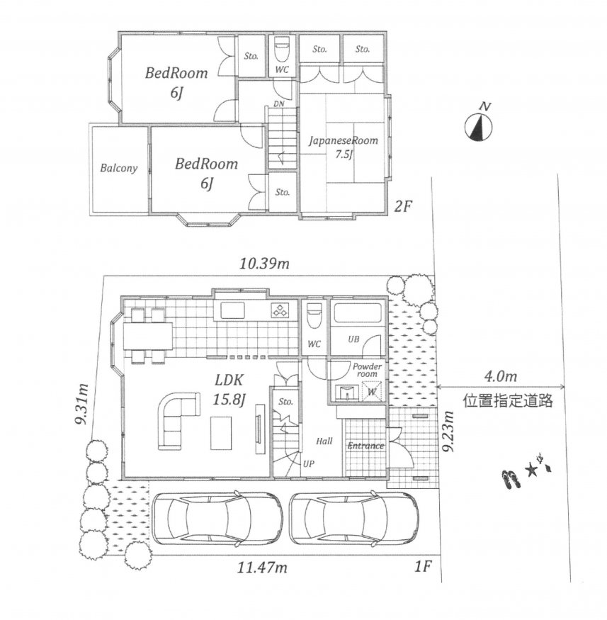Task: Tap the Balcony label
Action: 118,169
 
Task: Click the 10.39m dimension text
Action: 264,265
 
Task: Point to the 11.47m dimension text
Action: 263,567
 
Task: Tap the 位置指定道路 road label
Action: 507,401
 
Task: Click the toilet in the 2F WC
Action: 281,50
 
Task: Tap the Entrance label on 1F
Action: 365,446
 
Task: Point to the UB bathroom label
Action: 353,340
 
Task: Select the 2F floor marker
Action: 402,207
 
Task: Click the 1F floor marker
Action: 423,566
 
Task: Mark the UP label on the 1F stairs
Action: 309,463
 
